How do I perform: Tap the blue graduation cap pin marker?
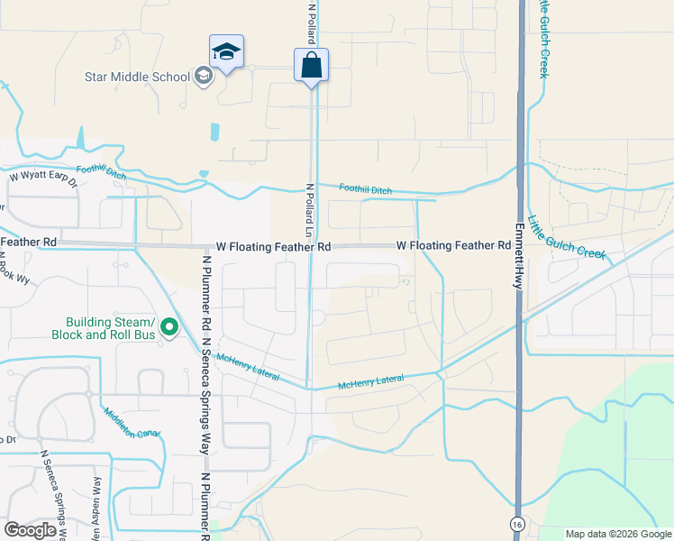tap(226, 51)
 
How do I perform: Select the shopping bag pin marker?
tap(311, 65)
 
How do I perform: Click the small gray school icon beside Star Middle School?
tap(204, 77)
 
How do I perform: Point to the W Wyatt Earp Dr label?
tap(43, 178)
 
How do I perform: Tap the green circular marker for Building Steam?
tap(169, 328)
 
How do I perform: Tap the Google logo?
tap(30, 529)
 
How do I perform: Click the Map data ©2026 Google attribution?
tap(617, 534)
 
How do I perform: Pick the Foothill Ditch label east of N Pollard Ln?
tap(365, 188)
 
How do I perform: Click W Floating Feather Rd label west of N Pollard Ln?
tap(273, 246)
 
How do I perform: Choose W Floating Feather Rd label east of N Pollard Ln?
tap(453, 246)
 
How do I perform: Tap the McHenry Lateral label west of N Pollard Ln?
tap(247, 368)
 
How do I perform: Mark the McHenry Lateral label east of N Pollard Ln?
tap(370, 382)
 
